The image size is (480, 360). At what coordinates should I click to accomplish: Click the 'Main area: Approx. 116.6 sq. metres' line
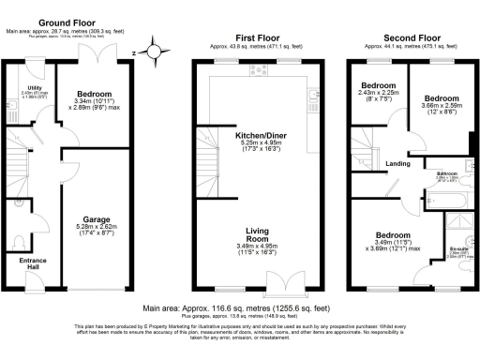[238, 307]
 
